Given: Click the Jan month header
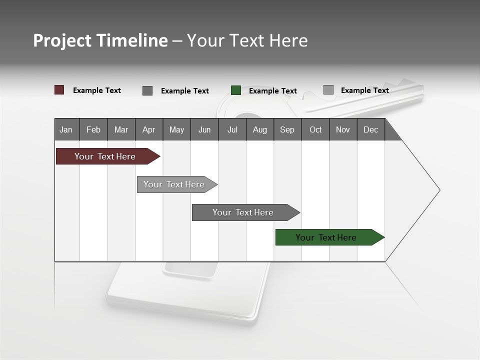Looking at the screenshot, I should [66, 129].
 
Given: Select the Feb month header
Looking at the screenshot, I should [93, 129].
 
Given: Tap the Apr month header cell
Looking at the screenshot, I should [149, 129].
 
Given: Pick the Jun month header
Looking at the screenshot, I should [204, 129].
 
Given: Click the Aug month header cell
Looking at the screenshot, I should [260, 129].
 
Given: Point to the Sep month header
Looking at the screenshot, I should [287, 129].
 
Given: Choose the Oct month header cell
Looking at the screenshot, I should [315, 129].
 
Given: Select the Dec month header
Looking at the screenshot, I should [371, 129].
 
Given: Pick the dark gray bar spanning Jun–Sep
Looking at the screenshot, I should [243, 212].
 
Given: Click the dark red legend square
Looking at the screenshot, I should [59, 90].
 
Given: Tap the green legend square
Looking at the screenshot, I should [236, 90].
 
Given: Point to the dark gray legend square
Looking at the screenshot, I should [147, 90].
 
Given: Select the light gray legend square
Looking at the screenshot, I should [328, 90].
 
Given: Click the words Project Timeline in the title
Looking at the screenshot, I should [100, 40].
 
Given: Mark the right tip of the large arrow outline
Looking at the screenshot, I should [439, 190].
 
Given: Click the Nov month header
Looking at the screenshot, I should [343, 129].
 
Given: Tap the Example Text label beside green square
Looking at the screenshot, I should [272, 91].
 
